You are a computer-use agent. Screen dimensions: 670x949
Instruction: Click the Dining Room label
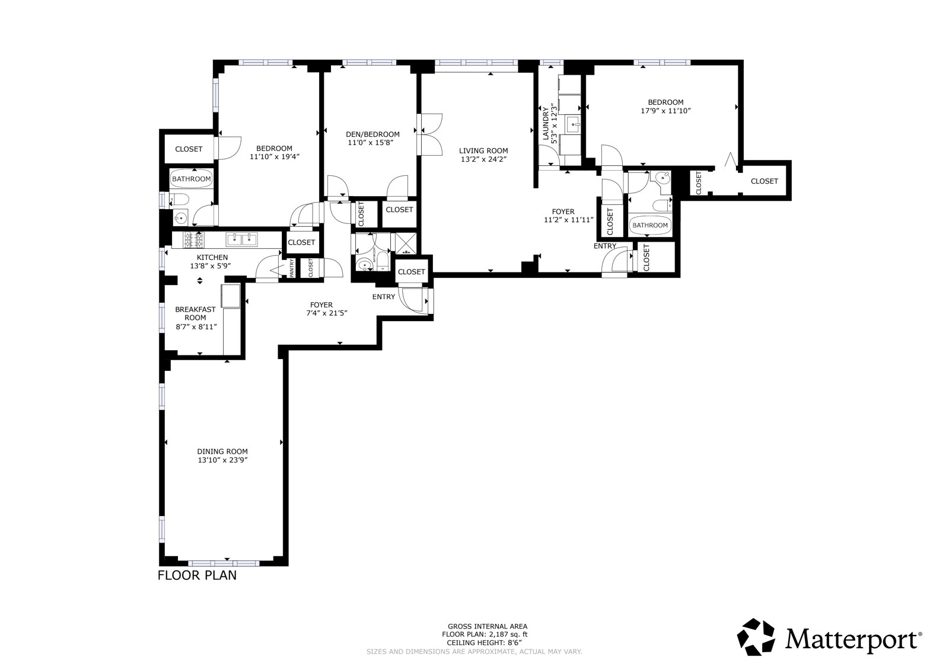coord(222,451)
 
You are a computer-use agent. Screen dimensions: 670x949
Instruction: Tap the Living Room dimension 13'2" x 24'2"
coord(483,159)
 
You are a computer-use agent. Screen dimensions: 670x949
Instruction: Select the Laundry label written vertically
coord(546,124)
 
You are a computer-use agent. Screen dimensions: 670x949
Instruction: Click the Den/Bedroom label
coord(372,134)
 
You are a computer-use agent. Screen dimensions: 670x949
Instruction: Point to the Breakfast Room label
coord(195,313)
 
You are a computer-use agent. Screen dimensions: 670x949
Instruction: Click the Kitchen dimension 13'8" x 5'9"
coord(210,266)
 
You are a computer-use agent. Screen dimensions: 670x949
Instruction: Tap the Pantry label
coord(292,268)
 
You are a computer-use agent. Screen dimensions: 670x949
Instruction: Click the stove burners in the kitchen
coord(194,239)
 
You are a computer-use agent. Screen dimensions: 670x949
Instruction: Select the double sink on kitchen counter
coord(241,239)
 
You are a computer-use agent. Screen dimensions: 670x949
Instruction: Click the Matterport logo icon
coord(756,637)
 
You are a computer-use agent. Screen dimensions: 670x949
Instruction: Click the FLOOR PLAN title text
coord(197,575)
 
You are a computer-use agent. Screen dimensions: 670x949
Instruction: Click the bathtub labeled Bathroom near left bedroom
coord(191,179)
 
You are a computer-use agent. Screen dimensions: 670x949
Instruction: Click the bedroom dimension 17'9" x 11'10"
coord(665,111)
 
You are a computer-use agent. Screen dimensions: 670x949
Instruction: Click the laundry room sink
coord(572,125)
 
